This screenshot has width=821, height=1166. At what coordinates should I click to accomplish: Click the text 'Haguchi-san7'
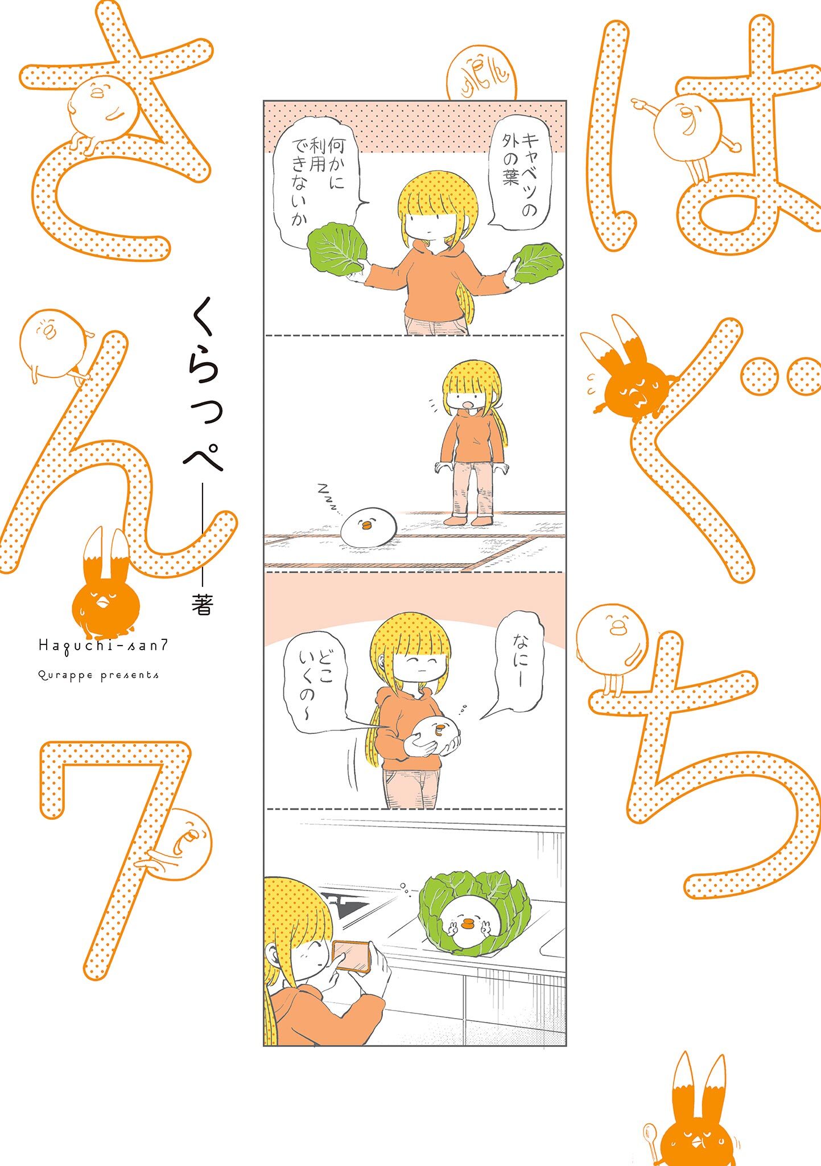(x=103, y=645)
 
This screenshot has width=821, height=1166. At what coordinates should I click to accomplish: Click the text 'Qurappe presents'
(x=98, y=675)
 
